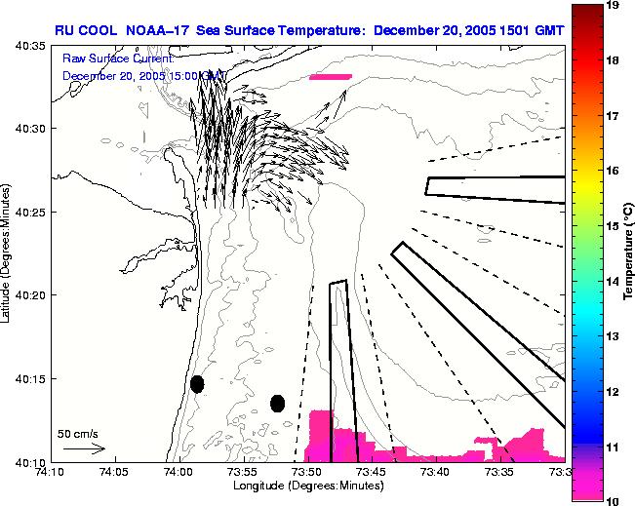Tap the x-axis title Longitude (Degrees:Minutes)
pyautogui.click(x=307, y=487)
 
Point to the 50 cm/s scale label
pyautogui.click(x=77, y=433)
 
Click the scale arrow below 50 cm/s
pyautogui.click(x=84, y=449)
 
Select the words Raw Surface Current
pyautogui.click(x=116, y=58)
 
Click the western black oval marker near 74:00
pyautogui.click(x=197, y=384)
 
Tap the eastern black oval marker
pyautogui.click(x=277, y=403)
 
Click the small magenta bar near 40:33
pyautogui.click(x=330, y=76)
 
